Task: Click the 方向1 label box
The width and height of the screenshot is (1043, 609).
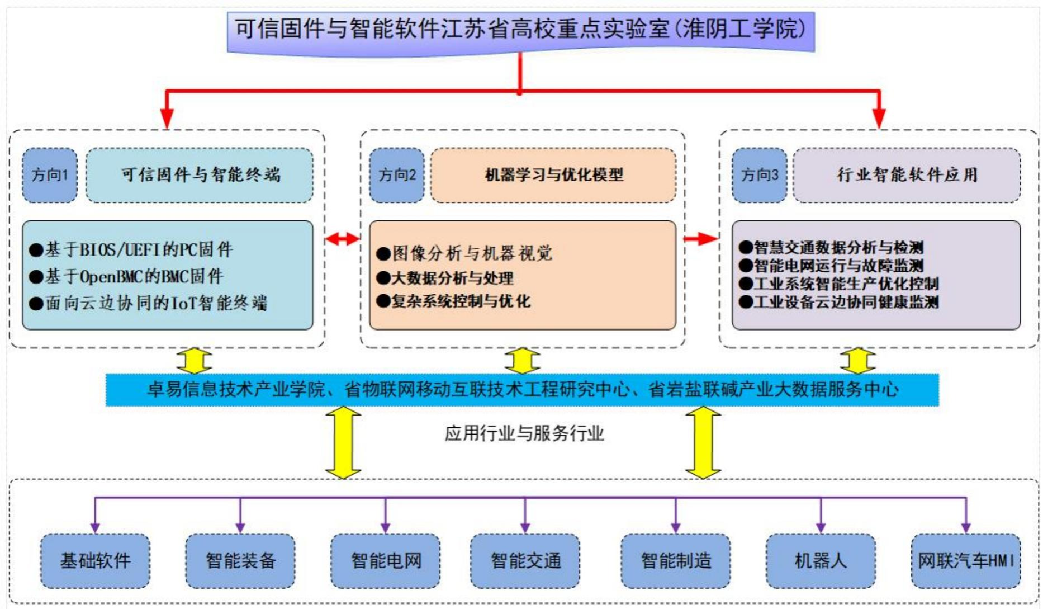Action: pos(50,175)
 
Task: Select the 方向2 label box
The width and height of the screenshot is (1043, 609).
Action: pos(397,175)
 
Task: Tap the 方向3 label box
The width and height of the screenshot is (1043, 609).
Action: pos(759,175)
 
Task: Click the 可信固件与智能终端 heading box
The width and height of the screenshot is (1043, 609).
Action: pos(200,175)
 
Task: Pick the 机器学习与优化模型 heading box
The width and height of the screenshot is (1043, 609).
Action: pos(553,175)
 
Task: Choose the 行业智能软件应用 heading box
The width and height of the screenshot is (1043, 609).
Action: pos(907,175)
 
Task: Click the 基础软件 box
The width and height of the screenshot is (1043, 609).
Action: pos(95,560)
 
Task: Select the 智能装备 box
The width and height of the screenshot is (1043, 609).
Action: pos(240,560)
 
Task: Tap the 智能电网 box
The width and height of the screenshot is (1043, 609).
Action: pos(386,560)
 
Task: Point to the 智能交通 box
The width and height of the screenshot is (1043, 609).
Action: pos(525,560)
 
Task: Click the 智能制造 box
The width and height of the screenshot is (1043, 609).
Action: pos(676,560)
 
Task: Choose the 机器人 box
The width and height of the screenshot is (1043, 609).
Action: pos(821,560)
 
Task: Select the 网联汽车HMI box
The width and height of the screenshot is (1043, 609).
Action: pos(965,560)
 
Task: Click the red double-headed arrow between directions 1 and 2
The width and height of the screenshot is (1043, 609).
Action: pos(342,239)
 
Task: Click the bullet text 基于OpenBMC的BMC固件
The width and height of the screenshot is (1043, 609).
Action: pos(134,276)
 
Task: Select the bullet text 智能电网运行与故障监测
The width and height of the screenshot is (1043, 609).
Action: pos(838,265)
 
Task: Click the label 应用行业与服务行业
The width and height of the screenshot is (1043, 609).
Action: pos(524,433)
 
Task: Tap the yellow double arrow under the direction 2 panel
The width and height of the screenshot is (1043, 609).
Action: pos(522,361)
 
